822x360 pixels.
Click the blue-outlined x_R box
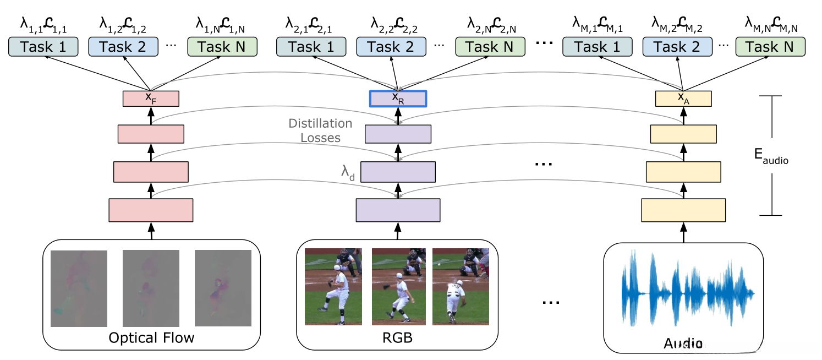[x=398, y=99]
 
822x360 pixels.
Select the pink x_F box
[x=151, y=99]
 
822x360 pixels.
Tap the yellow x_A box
[x=683, y=99]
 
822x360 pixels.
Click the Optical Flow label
[x=151, y=337]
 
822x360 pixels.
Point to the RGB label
[x=397, y=337]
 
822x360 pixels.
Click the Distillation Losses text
[x=320, y=130]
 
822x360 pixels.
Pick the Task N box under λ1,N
[x=222, y=47]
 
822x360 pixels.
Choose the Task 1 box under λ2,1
[x=310, y=47]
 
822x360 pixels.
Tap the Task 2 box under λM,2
[x=677, y=47]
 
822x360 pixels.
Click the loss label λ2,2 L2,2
[x=398, y=24]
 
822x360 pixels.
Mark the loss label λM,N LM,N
[x=770, y=24]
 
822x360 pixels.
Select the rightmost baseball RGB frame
[x=461, y=286]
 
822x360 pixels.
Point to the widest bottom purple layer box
[x=398, y=210]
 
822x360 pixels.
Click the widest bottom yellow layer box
[x=683, y=210]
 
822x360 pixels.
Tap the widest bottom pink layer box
[x=151, y=210]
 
